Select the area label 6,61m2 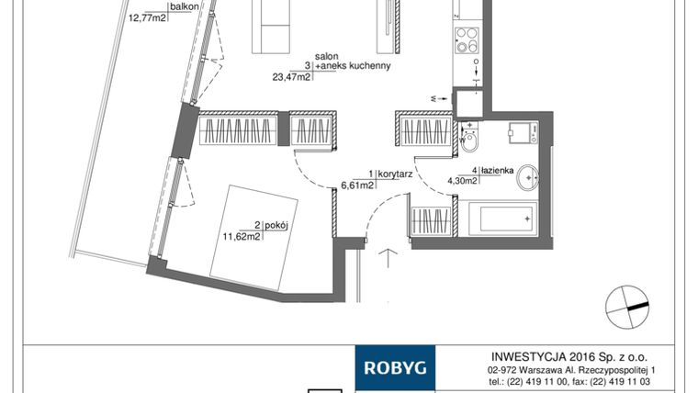coord(356,185)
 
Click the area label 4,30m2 coord(462,181)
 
